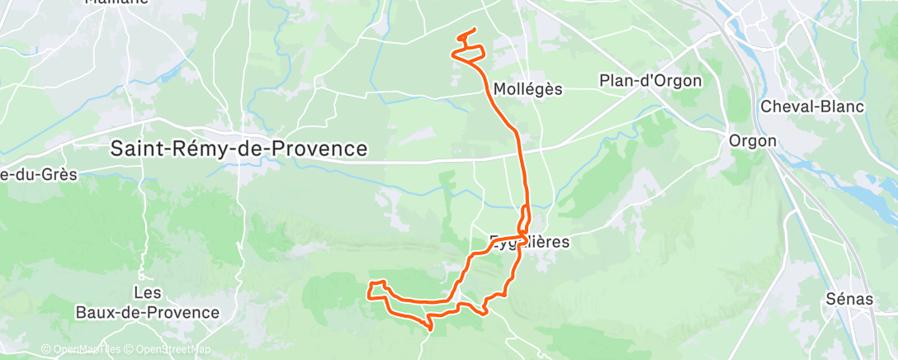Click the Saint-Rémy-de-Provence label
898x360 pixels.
tap(239, 149)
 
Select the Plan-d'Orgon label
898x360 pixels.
tap(650, 81)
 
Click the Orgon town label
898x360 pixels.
tap(752, 140)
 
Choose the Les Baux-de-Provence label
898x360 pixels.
tap(147, 303)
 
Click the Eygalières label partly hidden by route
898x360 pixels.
tap(532, 243)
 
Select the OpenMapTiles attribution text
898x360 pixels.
tap(83, 349)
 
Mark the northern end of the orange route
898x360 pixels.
tap(475, 30)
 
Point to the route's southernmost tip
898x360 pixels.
tap(431, 330)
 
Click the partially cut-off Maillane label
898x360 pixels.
tap(116, 2)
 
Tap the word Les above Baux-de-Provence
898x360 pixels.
tap(147, 293)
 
